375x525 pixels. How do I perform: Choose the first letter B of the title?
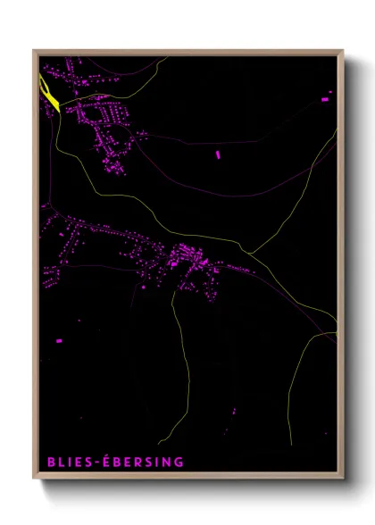[52, 462]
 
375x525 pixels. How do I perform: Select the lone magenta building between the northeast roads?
[218, 154]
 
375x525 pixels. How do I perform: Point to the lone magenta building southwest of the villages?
[59, 340]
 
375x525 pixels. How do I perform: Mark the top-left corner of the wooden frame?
[34, 51]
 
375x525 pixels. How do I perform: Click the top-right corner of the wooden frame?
[343, 51]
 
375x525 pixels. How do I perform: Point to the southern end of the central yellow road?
[161, 443]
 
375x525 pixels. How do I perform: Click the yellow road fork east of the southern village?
[249, 253]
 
